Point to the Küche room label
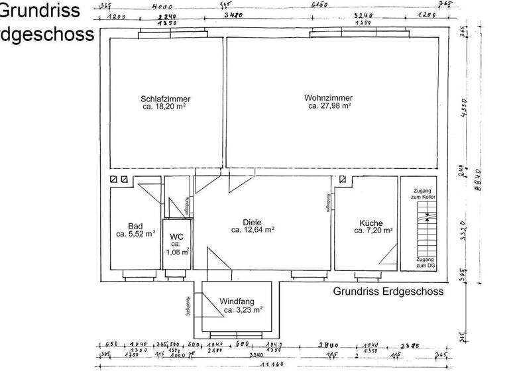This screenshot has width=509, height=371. (371, 223)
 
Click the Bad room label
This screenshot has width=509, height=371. (135, 225)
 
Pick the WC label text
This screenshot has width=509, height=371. (177, 237)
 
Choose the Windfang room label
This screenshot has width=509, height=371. (236, 301)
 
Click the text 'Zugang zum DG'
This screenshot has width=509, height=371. (425, 262)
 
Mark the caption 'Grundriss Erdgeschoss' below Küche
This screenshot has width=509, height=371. (388, 291)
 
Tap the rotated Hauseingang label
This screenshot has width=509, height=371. (188, 305)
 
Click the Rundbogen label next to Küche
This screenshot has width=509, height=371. (327, 202)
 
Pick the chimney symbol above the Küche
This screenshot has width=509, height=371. (343, 180)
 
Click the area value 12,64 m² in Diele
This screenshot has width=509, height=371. (253, 230)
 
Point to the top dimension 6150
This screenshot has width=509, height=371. (320, 5)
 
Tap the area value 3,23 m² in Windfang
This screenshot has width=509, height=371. (243, 309)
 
